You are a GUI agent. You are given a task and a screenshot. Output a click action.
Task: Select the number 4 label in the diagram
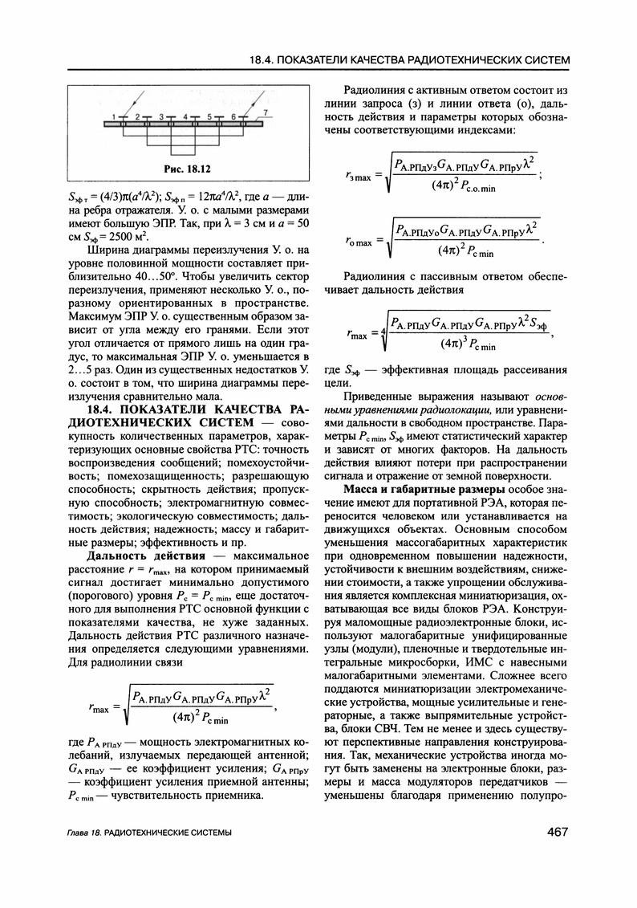pos(185,116)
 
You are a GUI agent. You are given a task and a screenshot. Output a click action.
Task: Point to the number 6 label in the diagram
pos(233,116)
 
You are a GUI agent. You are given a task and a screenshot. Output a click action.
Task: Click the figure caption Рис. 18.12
pos(186,169)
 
